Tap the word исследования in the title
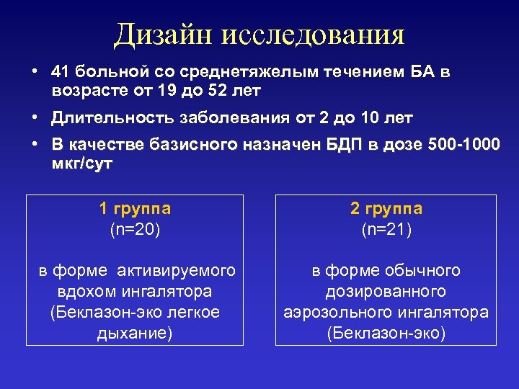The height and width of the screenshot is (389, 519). pos(314,35)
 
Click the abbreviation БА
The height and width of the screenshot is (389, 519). pos(424,72)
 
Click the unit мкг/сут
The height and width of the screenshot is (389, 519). pos(81,164)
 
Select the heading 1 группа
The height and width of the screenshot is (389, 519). pos(135,209)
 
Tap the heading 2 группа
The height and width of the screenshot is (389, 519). pos(386,209)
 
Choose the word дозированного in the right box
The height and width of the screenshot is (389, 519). pos(386,292)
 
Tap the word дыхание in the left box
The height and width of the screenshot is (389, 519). pos(135,334)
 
